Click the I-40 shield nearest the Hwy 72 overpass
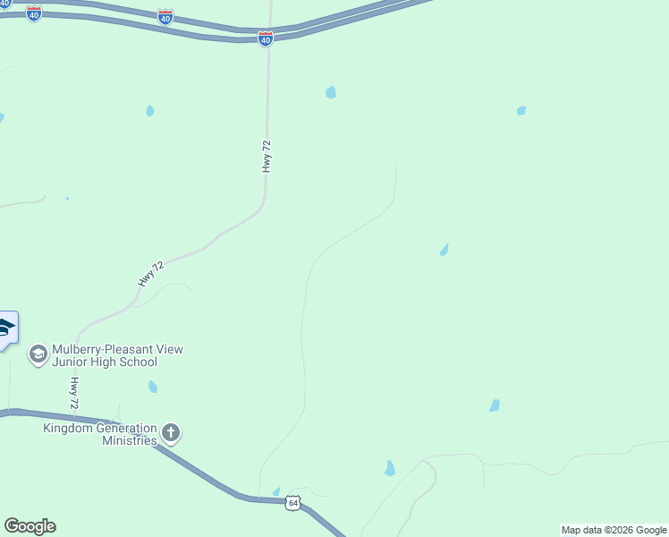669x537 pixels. [266, 38]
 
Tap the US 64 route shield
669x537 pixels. [293, 504]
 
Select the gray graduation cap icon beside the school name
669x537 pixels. [38, 355]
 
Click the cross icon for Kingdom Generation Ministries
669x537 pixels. [171, 434]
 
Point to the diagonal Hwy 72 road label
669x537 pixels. [151, 274]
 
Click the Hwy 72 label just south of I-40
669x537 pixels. [267, 156]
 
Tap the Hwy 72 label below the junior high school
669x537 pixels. [74, 393]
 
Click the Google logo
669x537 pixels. [30, 526]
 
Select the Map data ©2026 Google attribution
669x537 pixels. [614, 530]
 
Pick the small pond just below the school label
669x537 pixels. [153, 387]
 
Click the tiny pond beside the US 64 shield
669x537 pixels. [275, 491]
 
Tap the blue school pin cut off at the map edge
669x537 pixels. [7, 329]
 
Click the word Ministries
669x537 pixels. [130, 440]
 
